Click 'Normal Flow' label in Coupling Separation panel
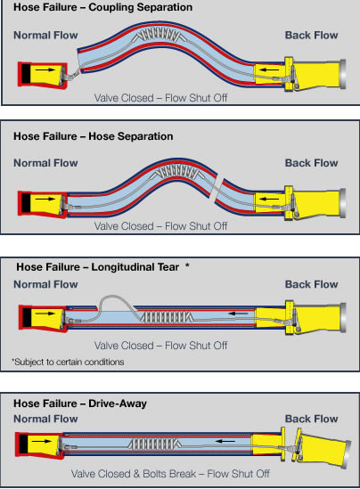[45, 36]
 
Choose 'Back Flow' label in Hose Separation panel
[311, 163]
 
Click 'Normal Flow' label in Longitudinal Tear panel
[45, 286]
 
